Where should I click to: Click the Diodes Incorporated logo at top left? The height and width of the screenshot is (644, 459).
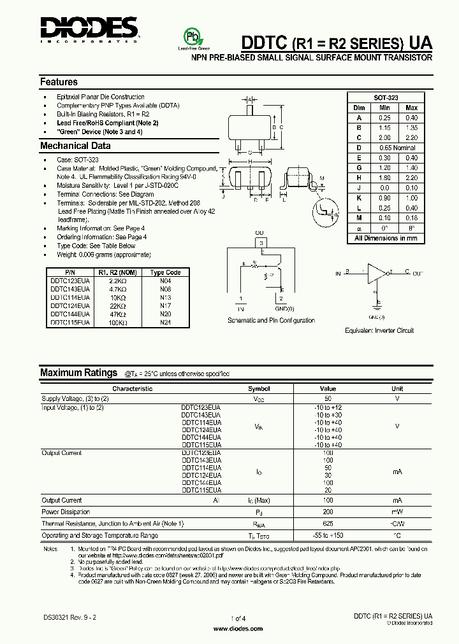tap(89, 29)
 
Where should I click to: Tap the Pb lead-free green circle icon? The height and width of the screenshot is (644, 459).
tap(191, 36)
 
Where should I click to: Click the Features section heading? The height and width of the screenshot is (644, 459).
tap(59, 82)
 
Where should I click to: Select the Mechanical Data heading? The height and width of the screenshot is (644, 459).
tap(75, 146)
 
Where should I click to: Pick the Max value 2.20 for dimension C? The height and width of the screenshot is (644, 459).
tap(412, 137)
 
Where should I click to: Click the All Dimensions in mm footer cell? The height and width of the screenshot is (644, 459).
tap(386, 238)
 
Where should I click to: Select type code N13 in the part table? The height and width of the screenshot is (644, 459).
tap(166, 297)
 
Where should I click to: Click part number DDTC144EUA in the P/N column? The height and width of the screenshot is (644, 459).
tap(70, 314)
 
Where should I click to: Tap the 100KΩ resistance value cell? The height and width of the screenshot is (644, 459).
tap(118, 323)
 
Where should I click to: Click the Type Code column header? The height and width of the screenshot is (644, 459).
tap(166, 272)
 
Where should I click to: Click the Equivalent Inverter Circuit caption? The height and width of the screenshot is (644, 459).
tap(379, 330)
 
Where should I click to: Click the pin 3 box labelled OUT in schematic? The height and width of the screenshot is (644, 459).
tap(259, 242)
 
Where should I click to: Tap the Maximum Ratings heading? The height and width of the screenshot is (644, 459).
tap(78, 373)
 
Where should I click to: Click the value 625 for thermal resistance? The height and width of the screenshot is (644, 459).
tap(328, 523)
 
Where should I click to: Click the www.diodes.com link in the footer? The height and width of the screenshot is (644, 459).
tap(237, 629)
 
